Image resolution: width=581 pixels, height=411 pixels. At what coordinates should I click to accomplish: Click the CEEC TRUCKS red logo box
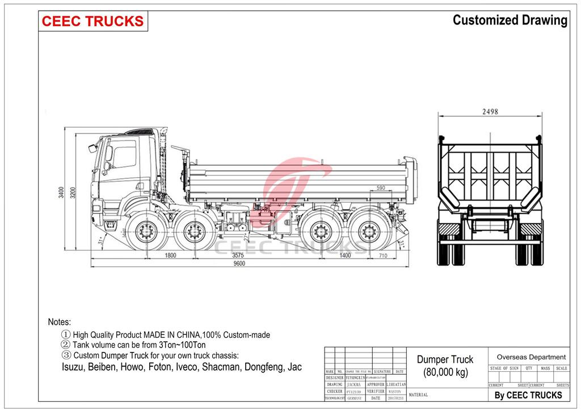click(x=93, y=22)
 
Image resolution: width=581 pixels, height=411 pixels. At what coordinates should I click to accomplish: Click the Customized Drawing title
click(x=510, y=20)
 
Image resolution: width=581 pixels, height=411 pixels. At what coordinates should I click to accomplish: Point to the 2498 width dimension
click(x=490, y=112)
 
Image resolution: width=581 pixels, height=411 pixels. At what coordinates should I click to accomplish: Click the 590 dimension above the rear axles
click(x=381, y=187)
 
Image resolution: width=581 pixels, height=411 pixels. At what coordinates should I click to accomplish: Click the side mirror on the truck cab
click(x=92, y=148)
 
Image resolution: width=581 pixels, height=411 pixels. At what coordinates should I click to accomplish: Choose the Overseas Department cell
click(x=531, y=357)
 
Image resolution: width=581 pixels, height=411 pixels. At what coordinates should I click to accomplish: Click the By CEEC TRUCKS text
click(x=528, y=395)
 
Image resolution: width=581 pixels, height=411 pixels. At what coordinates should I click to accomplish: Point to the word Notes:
click(x=60, y=322)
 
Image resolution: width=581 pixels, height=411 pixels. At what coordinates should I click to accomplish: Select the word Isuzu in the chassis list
click(x=73, y=367)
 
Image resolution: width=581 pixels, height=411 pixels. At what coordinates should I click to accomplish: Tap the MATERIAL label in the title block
click(x=418, y=395)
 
